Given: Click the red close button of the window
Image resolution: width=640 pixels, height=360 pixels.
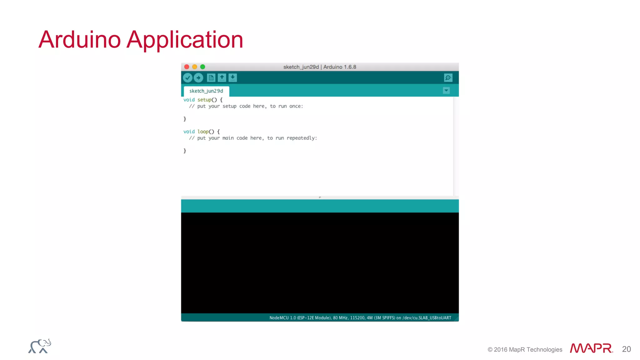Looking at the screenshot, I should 187,67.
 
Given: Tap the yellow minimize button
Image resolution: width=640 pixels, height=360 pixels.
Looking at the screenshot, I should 195,67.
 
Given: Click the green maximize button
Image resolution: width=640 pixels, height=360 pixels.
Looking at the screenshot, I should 202,67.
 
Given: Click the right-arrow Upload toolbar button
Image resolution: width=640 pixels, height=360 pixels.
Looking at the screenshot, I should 198,78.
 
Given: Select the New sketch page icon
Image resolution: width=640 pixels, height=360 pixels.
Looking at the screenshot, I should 211,78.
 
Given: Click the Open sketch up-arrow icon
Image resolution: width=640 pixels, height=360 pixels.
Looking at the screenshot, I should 222,78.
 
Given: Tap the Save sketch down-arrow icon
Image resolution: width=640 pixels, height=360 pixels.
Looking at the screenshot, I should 233,78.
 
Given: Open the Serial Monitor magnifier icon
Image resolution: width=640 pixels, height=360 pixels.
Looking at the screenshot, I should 448,78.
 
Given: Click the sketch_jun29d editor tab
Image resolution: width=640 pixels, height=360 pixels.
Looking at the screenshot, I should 206,91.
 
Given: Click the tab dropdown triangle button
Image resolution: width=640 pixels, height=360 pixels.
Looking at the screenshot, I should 446,91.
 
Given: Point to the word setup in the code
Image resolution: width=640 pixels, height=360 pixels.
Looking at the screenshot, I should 204,100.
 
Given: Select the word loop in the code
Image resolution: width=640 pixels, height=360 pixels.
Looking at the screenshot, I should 203,132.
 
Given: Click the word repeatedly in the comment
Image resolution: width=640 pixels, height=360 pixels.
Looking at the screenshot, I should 301,138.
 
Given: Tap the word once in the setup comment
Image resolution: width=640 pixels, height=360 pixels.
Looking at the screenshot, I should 295,106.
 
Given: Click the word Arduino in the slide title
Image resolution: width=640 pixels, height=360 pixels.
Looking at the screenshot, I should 80,40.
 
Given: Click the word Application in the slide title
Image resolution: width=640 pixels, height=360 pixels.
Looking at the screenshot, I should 185,40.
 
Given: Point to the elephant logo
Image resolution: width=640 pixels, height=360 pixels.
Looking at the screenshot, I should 40,346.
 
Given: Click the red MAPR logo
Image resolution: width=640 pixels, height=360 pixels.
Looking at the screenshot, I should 591,348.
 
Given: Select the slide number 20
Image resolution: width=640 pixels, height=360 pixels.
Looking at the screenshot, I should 626,349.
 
